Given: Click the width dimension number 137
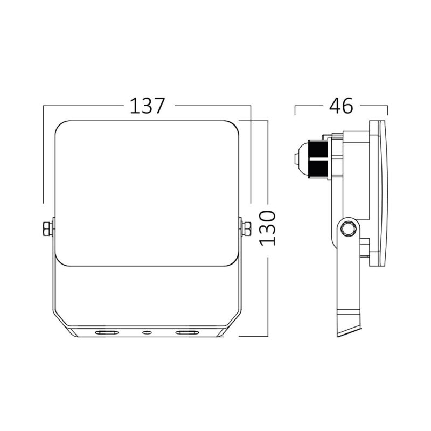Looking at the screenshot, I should click(147, 106).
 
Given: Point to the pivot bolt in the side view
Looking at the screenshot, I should click(348, 228).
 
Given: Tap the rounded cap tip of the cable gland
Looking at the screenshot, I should click(298, 159).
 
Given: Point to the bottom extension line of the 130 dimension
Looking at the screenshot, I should click(253, 336).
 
